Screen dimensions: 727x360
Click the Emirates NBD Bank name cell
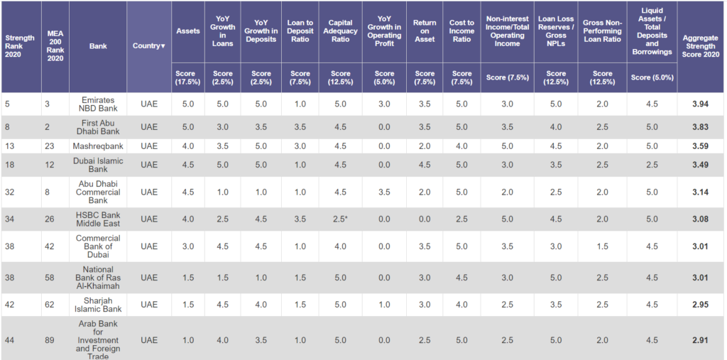click(x=98, y=104)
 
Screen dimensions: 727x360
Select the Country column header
click(x=149, y=46)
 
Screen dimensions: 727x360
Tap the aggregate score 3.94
click(x=700, y=104)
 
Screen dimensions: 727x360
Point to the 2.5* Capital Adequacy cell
click(x=340, y=219)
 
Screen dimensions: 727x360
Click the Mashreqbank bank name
click(x=98, y=146)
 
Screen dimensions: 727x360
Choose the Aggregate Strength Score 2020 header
click(x=700, y=46)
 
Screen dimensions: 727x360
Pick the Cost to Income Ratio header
click(x=461, y=31)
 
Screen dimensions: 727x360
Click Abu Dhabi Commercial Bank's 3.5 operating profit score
click(x=384, y=192)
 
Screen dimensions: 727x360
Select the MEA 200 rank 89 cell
click(x=50, y=340)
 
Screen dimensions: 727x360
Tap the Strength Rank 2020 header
click(x=20, y=46)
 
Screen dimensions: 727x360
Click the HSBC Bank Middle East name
click(x=98, y=219)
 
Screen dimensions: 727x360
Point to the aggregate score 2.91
click(x=700, y=340)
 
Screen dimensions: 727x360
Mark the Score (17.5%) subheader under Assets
click(x=187, y=77)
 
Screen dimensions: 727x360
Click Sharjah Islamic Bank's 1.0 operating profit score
click(x=384, y=305)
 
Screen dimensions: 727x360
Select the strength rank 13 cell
click(x=10, y=146)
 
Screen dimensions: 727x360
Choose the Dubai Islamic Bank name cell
click(x=98, y=165)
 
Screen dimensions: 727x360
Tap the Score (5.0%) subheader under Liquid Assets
click(x=652, y=77)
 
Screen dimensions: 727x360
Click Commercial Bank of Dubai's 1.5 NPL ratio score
click(x=602, y=246)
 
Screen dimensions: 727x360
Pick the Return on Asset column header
click(x=425, y=31)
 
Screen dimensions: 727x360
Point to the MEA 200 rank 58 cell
click(x=50, y=278)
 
